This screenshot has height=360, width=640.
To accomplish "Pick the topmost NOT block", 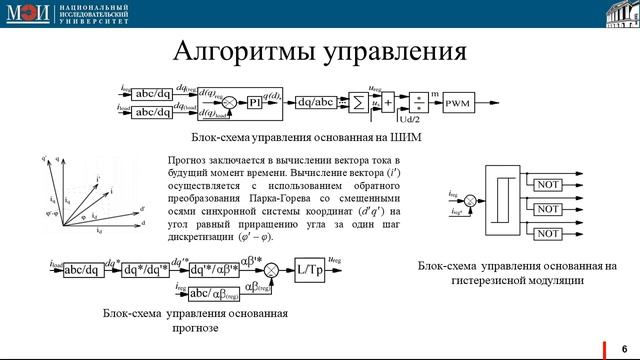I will click(547, 186).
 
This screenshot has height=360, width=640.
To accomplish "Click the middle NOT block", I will click(547, 210).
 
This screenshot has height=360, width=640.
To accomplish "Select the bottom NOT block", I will click(547, 234).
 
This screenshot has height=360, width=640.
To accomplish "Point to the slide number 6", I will click(624, 344).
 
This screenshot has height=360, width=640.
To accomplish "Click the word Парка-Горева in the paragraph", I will click(291, 199).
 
